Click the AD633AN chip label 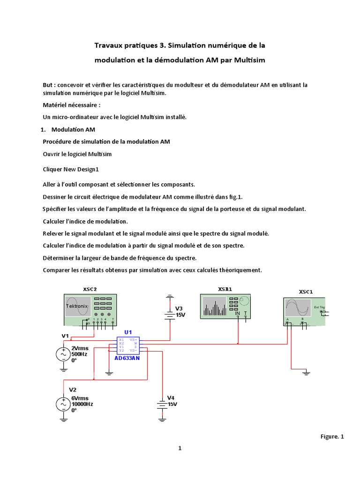coord(127,358)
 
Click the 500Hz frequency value coord(79,354)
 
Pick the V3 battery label coord(179,308)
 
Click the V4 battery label coord(171,397)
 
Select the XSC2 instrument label coord(90,289)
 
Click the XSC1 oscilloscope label coord(305,292)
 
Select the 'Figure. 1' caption coord(332,436)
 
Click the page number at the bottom coord(180,448)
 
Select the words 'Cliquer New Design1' coord(71,169)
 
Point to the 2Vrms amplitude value coord(80,348)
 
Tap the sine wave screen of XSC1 coord(298,308)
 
